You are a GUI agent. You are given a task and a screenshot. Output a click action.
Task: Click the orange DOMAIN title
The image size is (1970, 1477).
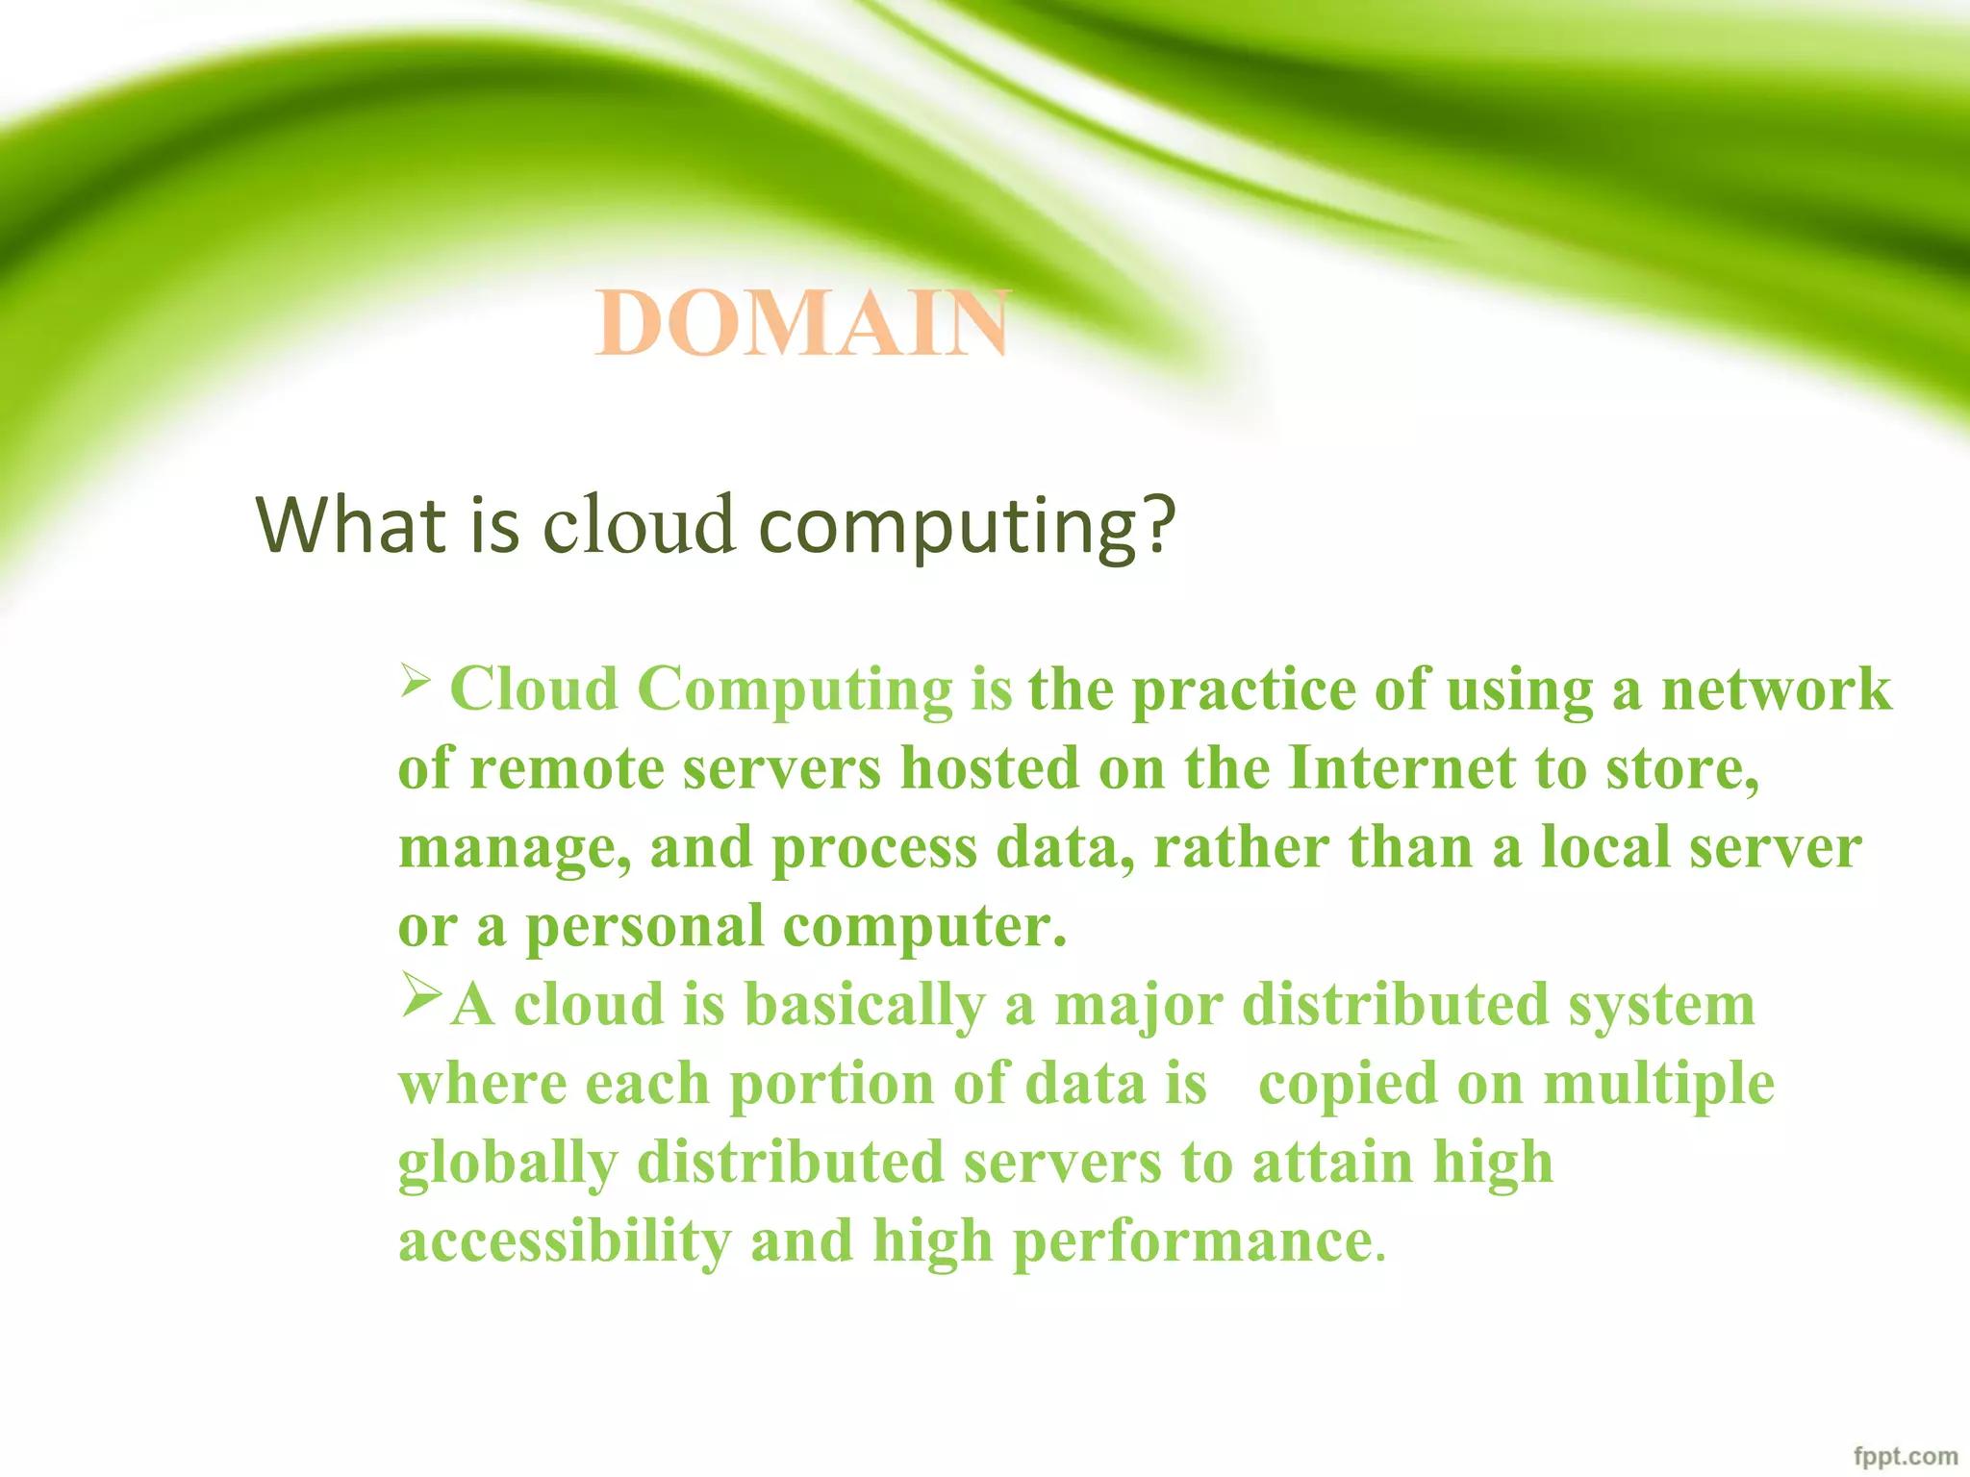[802, 323]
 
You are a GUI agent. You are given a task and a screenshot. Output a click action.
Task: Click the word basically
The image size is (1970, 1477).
[865, 1006]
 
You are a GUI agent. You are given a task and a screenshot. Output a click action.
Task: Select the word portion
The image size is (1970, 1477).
[831, 1086]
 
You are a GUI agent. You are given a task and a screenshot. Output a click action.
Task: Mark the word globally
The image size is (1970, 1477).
[507, 1164]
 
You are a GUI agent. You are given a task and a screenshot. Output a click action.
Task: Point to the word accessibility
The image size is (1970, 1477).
[565, 1241]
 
